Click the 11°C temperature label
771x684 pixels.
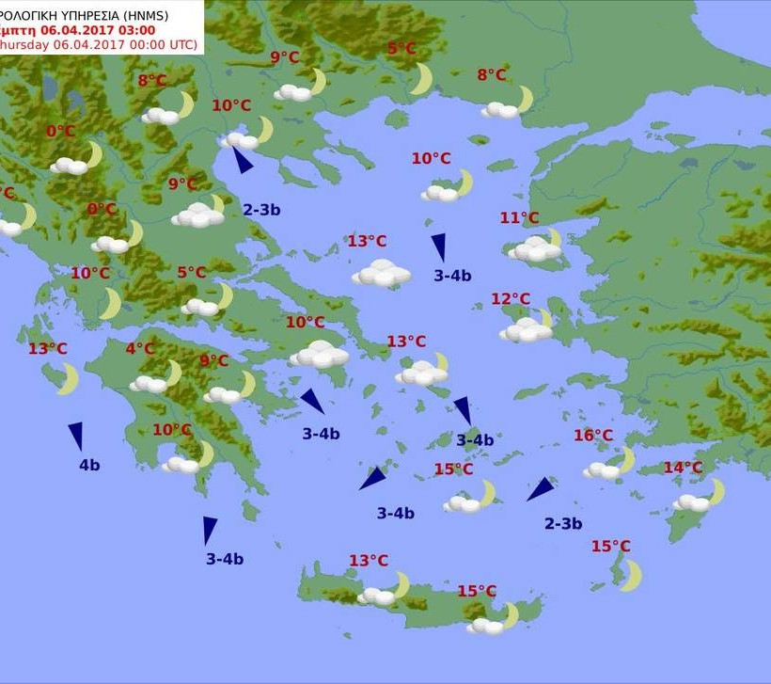click(519, 218)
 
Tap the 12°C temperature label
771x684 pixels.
click(511, 299)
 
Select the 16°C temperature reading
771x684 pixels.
click(593, 436)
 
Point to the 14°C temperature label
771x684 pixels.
click(683, 468)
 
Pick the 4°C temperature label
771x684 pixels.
click(140, 349)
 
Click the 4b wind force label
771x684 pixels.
click(89, 465)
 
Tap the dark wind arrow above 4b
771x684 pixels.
click(75, 436)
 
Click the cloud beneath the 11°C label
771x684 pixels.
click(533, 249)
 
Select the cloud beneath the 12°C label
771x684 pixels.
click(525, 330)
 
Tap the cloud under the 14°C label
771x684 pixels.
click(691, 503)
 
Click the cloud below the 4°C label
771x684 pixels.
click(149, 384)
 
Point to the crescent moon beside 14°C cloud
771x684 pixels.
click(716, 491)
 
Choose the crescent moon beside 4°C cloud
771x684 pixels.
click(172, 374)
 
